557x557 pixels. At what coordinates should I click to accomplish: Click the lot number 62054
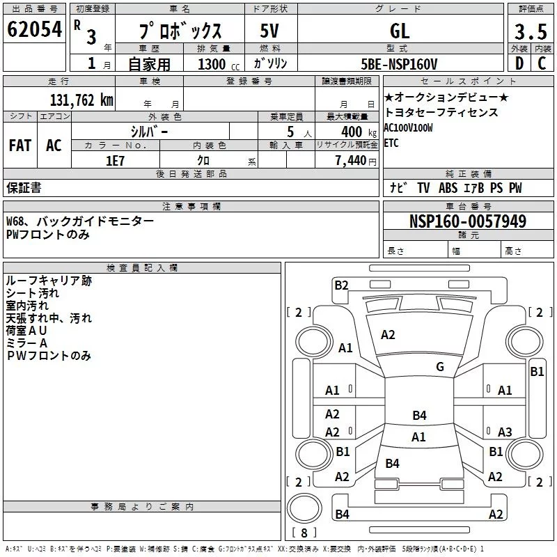pyautogui.click(x=35, y=30)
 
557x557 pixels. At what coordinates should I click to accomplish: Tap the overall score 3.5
pyautogui.click(x=531, y=33)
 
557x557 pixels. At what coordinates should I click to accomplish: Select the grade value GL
pyautogui.click(x=400, y=31)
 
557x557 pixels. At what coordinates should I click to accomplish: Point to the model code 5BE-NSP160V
pyautogui.click(x=400, y=64)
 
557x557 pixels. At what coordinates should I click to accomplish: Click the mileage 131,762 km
pyautogui.click(x=81, y=100)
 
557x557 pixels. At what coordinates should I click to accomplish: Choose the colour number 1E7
pyautogui.click(x=116, y=161)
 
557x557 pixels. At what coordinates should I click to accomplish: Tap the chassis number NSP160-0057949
pyautogui.click(x=468, y=221)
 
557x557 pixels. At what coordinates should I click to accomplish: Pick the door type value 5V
pyautogui.click(x=270, y=31)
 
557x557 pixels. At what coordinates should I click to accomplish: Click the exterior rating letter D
pyautogui.click(x=518, y=64)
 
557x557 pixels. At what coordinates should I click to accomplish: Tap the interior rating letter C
pyautogui.click(x=542, y=64)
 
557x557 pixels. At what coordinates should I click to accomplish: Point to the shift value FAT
pyautogui.click(x=20, y=146)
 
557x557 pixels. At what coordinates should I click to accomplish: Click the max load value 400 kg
pyautogui.click(x=352, y=132)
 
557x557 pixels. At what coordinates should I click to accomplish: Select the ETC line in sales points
pyautogui.click(x=391, y=143)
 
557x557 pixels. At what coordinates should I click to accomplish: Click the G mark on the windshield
pyautogui.click(x=439, y=366)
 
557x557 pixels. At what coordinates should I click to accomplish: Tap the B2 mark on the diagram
pyautogui.click(x=341, y=284)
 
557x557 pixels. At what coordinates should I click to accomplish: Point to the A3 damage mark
pyautogui.click(x=505, y=432)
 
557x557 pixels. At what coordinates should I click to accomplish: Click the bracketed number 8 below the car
pyautogui.click(x=304, y=533)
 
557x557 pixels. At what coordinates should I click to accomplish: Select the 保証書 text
pyautogui.click(x=24, y=187)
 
